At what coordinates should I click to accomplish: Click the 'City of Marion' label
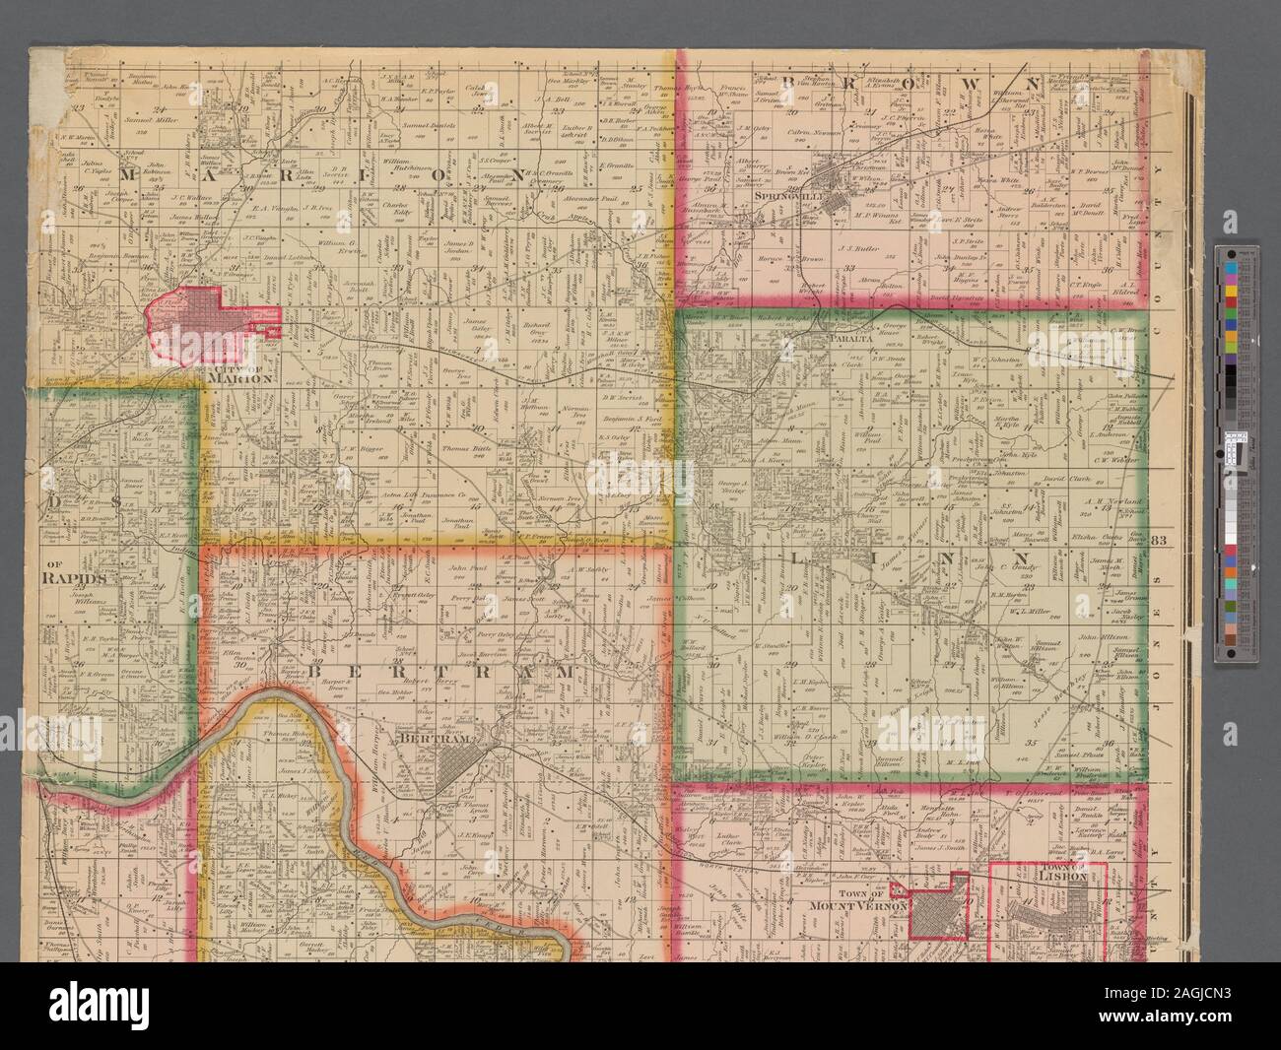pos(239,372)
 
